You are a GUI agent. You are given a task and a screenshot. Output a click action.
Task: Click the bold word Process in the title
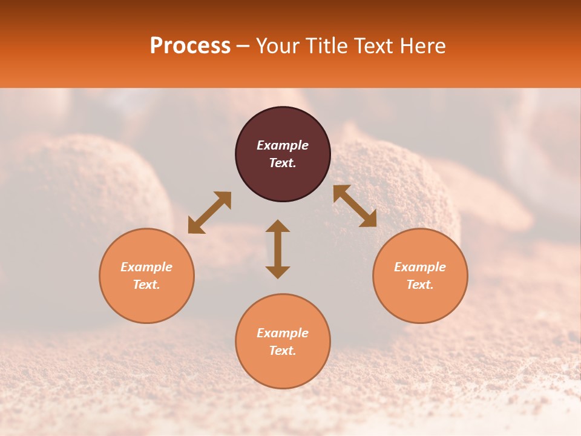(190, 46)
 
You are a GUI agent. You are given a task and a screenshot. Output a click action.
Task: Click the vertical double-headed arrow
(278, 249)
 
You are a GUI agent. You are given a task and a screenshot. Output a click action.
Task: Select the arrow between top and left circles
(209, 213)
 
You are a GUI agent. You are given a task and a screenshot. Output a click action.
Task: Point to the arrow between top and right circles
(355, 206)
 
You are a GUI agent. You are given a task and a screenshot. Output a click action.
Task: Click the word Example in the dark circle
(283, 145)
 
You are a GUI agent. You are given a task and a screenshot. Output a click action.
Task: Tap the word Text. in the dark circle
(283, 163)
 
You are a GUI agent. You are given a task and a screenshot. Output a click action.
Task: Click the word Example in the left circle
(146, 267)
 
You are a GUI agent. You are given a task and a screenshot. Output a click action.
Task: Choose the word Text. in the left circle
(146, 285)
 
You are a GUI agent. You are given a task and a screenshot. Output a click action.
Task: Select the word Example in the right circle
(420, 267)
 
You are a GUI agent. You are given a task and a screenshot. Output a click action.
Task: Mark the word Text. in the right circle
(420, 285)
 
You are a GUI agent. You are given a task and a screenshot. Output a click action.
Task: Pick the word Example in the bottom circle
(283, 333)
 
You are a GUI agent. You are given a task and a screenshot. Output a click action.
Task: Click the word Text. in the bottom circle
(283, 351)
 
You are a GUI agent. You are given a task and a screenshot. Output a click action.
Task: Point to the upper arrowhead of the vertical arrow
(278, 226)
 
